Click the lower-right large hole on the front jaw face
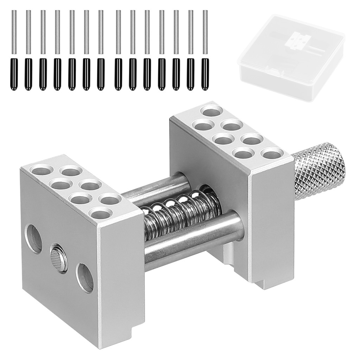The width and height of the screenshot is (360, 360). (x=85, y=278)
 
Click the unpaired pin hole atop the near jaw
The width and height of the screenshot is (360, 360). (x=100, y=213)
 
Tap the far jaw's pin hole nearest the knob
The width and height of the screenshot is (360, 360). (x=273, y=154)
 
